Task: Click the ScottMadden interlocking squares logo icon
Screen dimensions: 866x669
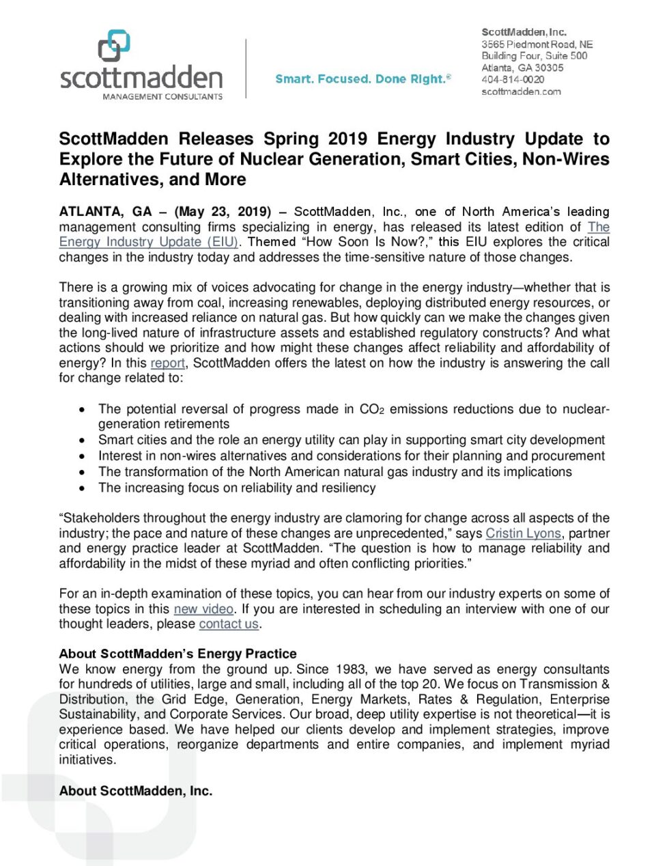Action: tap(114, 46)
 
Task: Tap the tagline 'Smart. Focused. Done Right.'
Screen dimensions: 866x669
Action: tap(362, 79)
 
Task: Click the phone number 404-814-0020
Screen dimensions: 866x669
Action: tap(513, 79)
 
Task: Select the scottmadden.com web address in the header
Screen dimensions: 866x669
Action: tap(521, 92)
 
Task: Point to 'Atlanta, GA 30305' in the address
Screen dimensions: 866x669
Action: tap(522, 68)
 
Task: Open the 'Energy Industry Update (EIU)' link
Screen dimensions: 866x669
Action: tap(148, 242)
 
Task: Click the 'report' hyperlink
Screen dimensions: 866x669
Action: tap(167, 363)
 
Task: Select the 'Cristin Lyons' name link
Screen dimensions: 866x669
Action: tap(523, 533)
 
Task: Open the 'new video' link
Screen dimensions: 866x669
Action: tap(203, 609)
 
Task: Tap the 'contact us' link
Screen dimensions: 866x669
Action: tap(229, 624)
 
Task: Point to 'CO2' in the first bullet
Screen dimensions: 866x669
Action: tap(372, 409)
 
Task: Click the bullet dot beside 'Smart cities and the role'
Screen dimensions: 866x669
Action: tap(82, 441)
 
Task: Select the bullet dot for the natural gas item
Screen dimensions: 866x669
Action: tap(82, 472)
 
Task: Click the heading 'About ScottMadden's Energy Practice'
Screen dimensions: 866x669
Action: tap(177, 654)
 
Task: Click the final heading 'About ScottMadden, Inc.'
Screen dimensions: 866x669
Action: tap(135, 791)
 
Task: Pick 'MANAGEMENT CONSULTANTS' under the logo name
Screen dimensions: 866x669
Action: tap(162, 97)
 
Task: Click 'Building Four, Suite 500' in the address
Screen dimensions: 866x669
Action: tap(534, 56)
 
